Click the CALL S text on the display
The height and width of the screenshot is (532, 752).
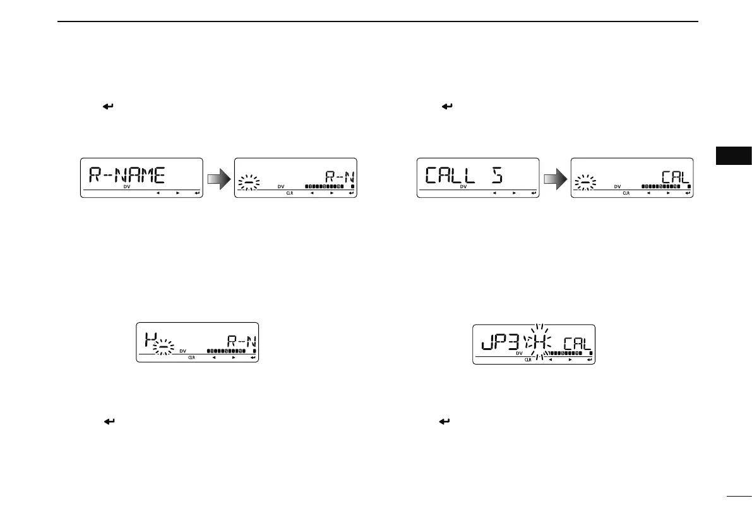(458, 174)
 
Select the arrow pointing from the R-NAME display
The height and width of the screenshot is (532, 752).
(218, 178)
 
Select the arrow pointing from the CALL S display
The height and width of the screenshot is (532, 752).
(555, 178)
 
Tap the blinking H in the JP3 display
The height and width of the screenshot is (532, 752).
(540, 344)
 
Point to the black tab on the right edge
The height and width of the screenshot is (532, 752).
(734, 156)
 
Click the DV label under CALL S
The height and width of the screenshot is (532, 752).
(463, 187)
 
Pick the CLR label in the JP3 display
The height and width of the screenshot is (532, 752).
(528, 360)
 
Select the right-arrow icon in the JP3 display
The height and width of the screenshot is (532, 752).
(570, 360)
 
